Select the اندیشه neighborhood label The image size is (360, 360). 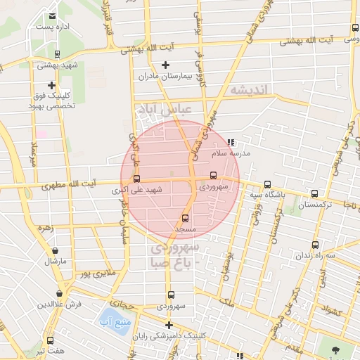coord(249,91)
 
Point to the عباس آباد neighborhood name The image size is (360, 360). coord(167,111)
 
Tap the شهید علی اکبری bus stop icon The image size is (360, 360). coord(136,179)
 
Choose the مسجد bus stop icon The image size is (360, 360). coord(185,219)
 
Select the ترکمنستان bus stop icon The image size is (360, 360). coord(314,194)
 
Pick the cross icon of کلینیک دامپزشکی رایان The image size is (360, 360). coord(169,324)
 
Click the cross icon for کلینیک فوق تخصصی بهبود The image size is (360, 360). coord(51,85)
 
